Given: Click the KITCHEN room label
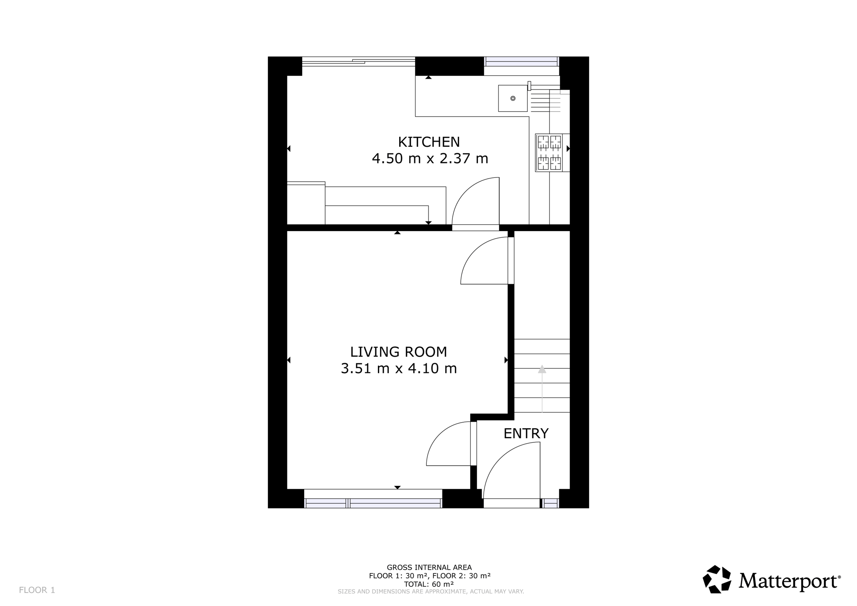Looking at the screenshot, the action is [x=429, y=142].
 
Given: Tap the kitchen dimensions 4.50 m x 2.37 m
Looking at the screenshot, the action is [x=430, y=159].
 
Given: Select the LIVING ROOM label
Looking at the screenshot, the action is [x=398, y=352].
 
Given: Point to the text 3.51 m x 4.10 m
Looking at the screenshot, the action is [x=399, y=369].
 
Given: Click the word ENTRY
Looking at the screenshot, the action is [x=526, y=434].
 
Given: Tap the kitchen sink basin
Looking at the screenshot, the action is [x=513, y=98].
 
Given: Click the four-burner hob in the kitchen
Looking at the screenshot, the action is [x=549, y=152].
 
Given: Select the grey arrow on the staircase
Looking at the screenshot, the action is [x=542, y=389].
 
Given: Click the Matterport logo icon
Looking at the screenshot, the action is [x=717, y=579].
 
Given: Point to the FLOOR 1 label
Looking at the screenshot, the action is [x=37, y=590].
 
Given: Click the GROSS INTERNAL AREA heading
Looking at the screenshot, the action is [x=429, y=567].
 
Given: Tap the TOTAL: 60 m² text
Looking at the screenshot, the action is [x=429, y=584].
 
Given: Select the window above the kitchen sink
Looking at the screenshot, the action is [x=521, y=61].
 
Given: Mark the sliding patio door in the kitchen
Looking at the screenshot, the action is [x=359, y=62].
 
